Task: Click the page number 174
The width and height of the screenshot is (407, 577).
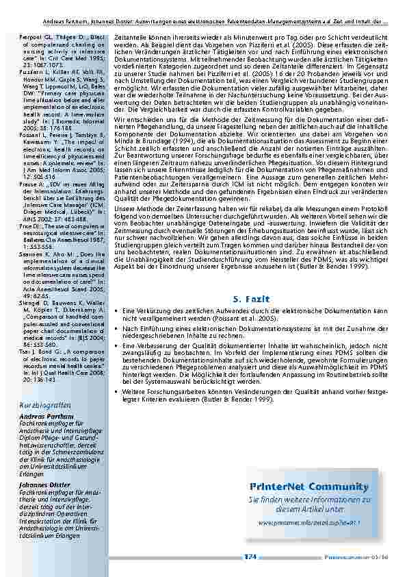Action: pos(250,557)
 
